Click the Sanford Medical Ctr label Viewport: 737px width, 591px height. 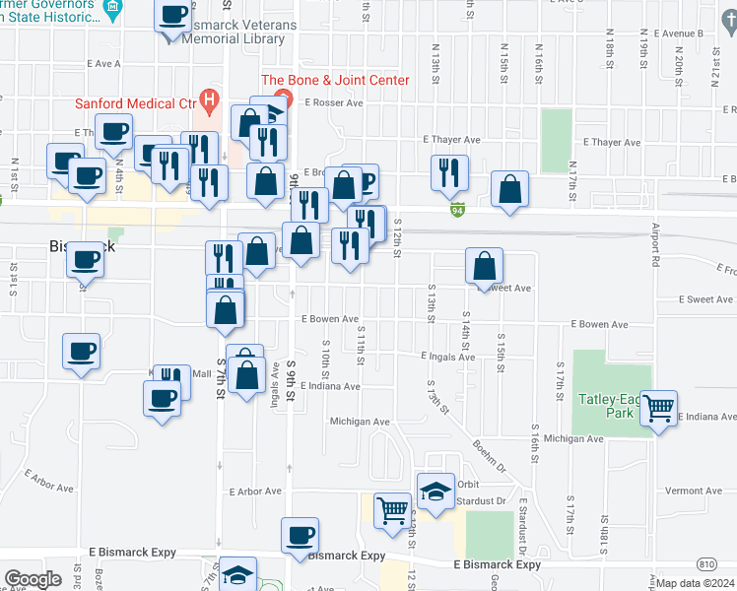(x=136, y=101)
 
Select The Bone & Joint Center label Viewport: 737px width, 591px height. (x=334, y=80)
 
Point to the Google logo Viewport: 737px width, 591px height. (x=32, y=579)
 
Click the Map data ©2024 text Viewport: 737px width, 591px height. (x=695, y=583)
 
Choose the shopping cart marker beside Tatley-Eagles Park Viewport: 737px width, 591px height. (x=659, y=406)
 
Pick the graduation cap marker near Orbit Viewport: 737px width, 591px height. (x=436, y=490)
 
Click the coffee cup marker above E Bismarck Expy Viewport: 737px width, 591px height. (x=300, y=535)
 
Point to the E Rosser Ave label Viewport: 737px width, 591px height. (x=334, y=101)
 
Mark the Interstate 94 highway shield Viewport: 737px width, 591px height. (x=458, y=210)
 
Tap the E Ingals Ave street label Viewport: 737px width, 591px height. (x=447, y=356)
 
